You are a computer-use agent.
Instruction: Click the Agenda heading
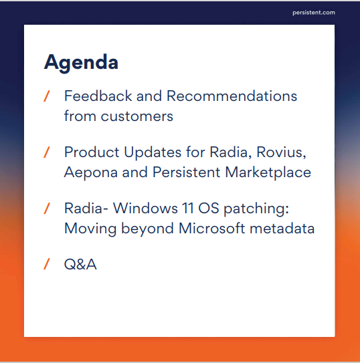[x=81, y=62]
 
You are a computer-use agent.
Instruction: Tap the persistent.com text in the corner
[x=314, y=13]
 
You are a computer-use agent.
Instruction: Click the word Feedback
[x=98, y=96]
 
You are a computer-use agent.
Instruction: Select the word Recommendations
[x=232, y=96]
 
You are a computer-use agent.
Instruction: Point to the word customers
[x=137, y=116]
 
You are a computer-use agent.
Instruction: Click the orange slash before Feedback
[x=47, y=96]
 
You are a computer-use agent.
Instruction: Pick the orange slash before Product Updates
[x=47, y=152]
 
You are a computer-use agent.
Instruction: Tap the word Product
[x=92, y=152]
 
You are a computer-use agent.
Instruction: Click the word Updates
[x=153, y=153]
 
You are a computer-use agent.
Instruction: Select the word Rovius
[x=281, y=152]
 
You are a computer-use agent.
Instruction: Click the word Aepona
[x=91, y=172]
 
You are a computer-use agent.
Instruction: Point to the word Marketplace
[x=268, y=172]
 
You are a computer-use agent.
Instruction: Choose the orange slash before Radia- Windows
[x=47, y=209]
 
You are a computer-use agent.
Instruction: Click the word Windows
[x=145, y=208]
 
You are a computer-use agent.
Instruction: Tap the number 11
[x=188, y=208]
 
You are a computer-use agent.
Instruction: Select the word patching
[x=256, y=209]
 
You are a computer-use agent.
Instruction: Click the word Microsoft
[x=211, y=229]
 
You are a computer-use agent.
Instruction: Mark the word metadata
[x=282, y=229]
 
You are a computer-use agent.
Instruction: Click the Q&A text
[x=80, y=264]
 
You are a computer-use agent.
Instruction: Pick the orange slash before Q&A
[x=47, y=264]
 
